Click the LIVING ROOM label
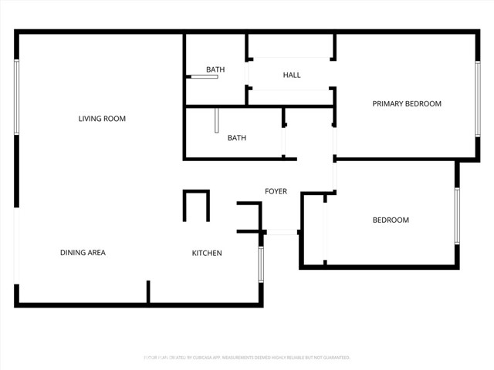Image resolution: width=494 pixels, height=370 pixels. coord(102,119)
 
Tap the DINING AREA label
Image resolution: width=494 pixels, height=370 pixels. coord(83,253)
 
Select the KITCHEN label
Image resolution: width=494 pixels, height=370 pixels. coord(207,253)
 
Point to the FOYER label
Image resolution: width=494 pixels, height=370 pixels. coord(276,191)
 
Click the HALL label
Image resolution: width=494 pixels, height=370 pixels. coord(292,75)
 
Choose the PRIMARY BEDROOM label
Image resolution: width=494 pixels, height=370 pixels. coord(407,104)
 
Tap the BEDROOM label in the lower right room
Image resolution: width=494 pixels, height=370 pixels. coord(391,220)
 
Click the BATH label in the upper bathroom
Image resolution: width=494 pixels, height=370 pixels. coord(215,70)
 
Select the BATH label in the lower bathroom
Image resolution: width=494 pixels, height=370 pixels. coord(236,139)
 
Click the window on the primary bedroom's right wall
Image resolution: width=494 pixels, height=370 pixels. coord(478,96)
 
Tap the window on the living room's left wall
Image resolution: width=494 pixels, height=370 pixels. coord(17,97)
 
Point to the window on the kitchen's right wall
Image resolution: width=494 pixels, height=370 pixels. coord(261,264)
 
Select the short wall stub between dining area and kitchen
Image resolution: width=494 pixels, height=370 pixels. coord(147,292)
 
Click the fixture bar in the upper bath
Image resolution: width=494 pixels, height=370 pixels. coord(205,77)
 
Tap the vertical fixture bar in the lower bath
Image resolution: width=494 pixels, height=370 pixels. coord(218,120)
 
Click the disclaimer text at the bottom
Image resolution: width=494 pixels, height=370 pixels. coord(247,358)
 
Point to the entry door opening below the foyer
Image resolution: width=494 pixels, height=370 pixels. coord(282,232)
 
